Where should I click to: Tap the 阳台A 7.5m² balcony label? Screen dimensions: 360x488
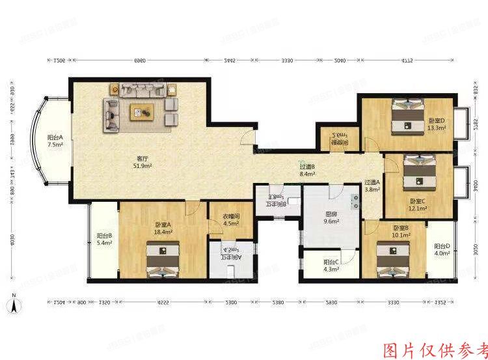pos(55,141)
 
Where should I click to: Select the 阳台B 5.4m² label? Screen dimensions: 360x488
pos(105,240)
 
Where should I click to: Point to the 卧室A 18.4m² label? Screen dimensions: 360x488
pos(161,227)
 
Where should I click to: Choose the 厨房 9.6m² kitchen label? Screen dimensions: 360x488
pos(332,217)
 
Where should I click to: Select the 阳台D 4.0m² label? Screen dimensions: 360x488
pos(442,250)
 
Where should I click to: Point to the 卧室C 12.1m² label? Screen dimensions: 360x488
pos(418,204)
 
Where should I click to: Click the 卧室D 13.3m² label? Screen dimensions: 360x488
pos(437,124)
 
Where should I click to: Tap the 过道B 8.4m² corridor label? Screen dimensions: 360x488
pos(307,171)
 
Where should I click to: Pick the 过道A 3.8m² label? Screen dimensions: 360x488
pos(372,186)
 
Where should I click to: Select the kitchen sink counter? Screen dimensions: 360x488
pos(355,200)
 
